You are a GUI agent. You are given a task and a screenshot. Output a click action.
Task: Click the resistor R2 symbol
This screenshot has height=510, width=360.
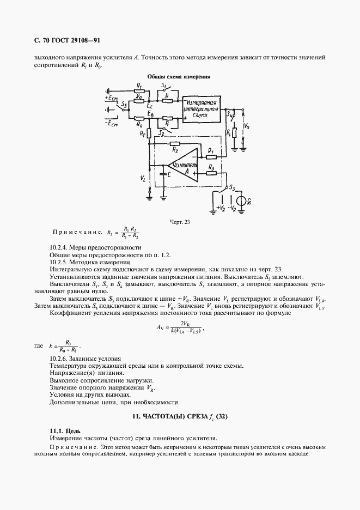(x=174, y=143)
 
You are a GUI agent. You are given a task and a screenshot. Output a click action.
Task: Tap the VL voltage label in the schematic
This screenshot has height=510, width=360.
(x=143, y=178)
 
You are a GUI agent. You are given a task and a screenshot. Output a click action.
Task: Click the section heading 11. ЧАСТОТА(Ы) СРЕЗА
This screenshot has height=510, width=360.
(x=179, y=417)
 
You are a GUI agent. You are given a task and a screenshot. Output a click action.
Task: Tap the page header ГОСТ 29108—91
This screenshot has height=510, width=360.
(x=76, y=40)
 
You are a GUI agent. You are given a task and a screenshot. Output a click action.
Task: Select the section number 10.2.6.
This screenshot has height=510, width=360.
(x=59, y=358)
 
